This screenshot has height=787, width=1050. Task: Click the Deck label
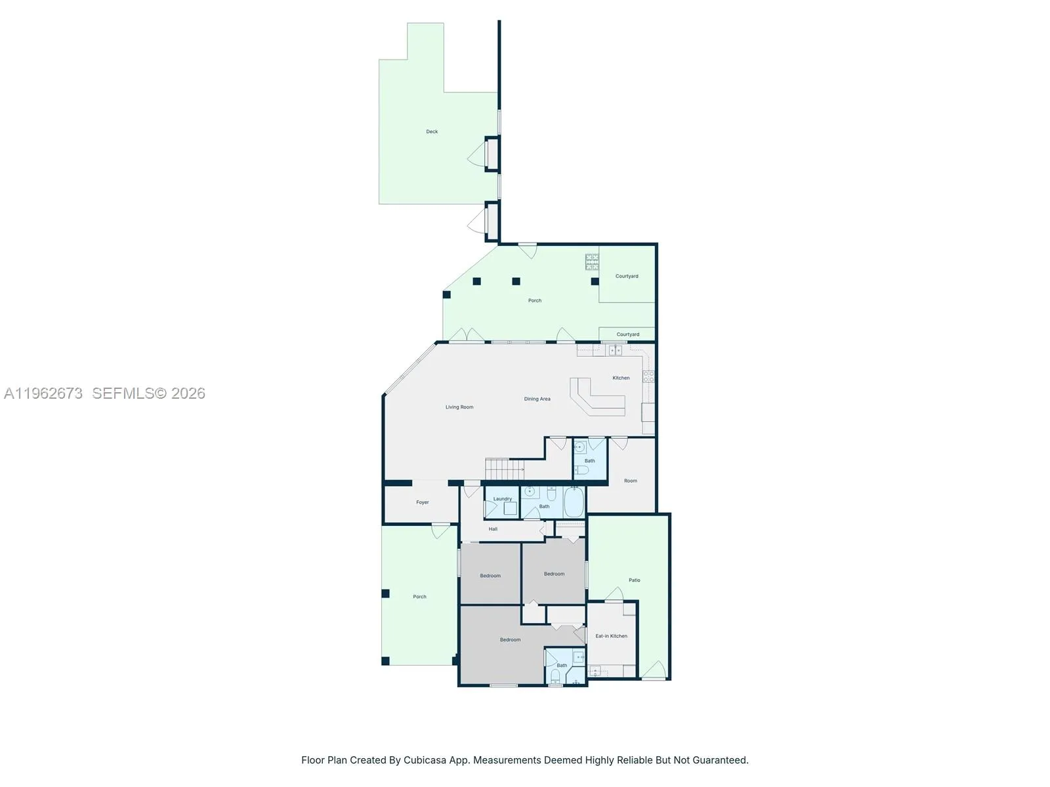click(x=432, y=132)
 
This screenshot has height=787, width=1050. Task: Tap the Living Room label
click(x=459, y=407)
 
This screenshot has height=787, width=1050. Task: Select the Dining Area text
click(x=537, y=399)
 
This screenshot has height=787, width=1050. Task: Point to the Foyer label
click(x=423, y=502)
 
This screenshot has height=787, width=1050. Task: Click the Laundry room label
click(x=503, y=499)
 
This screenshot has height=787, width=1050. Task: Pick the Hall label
click(x=493, y=529)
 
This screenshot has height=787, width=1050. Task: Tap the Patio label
click(x=635, y=580)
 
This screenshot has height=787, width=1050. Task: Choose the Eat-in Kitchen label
click(x=611, y=636)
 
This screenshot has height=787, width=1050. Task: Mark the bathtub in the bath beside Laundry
click(x=574, y=502)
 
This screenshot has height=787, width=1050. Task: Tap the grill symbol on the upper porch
click(x=592, y=262)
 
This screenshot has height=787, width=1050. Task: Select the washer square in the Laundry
click(x=510, y=508)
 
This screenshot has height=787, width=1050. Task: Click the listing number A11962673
click(x=43, y=393)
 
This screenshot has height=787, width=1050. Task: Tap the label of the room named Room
click(x=631, y=481)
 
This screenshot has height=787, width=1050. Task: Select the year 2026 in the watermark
click(x=188, y=393)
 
